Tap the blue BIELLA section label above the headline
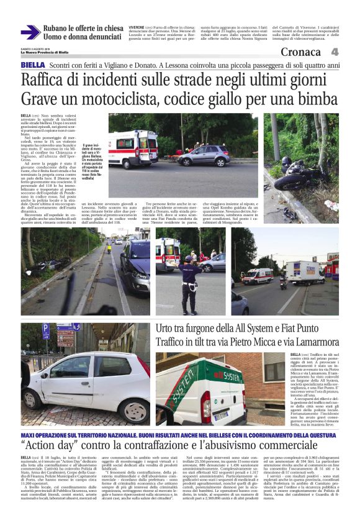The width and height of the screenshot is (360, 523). click(32, 65)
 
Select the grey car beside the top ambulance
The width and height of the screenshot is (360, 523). click(204, 157)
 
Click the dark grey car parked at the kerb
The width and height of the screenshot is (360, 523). click(136, 267)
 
